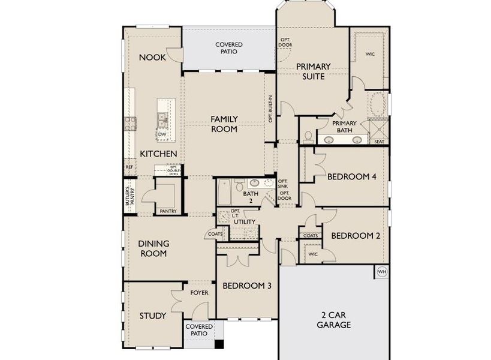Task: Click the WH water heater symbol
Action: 382,272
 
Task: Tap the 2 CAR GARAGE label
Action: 335,320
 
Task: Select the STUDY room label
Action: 153,316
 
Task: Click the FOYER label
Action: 199,293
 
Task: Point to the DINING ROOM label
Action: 153,248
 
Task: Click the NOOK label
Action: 152,58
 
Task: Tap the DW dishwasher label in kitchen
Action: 162,134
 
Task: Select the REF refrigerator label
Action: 129,167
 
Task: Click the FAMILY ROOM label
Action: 224,124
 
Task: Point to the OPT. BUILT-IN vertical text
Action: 271,109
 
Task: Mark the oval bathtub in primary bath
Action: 377,104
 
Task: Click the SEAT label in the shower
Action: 379,142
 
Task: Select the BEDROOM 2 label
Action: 356,236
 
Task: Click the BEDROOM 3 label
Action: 247,286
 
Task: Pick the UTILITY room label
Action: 245,222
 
